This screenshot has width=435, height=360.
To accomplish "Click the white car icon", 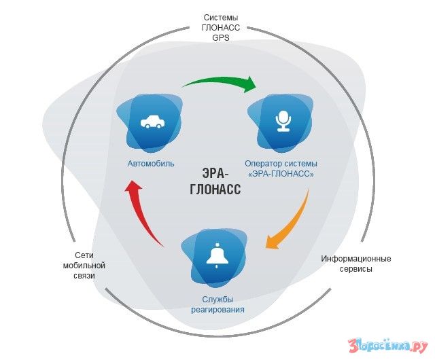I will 151,123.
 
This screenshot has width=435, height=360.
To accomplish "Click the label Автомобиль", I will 151,163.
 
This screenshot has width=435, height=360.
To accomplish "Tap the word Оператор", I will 262,163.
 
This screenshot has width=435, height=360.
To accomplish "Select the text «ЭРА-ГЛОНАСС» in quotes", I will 281,174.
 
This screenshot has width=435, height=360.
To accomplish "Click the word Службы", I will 217,299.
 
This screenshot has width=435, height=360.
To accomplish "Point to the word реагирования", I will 217,310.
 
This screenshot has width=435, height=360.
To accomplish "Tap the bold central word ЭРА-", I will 216,173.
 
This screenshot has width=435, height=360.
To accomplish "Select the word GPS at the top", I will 220,38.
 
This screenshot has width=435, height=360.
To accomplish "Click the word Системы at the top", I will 220,17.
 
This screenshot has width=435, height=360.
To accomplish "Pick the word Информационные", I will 356,259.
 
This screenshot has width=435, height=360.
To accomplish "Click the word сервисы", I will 356,269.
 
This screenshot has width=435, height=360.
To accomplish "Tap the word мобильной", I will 80,266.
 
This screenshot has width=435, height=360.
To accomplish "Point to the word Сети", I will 80,255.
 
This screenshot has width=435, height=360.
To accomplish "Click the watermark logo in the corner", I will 387,343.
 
